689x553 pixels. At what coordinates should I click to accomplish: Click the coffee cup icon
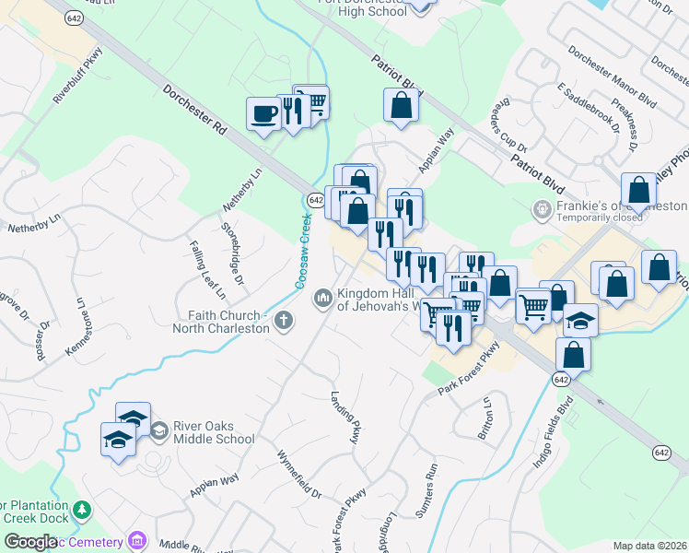(x=264, y=113)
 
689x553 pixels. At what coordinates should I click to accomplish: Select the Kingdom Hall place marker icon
(x=323, y=297)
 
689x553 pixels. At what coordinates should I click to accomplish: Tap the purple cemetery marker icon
(x=138, y=539)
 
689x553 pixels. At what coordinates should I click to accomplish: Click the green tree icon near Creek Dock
(x=83, y=509)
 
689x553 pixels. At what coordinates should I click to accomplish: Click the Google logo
(x=30, y=543)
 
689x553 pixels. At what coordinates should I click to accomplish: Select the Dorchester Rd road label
(x=195, y=112)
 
